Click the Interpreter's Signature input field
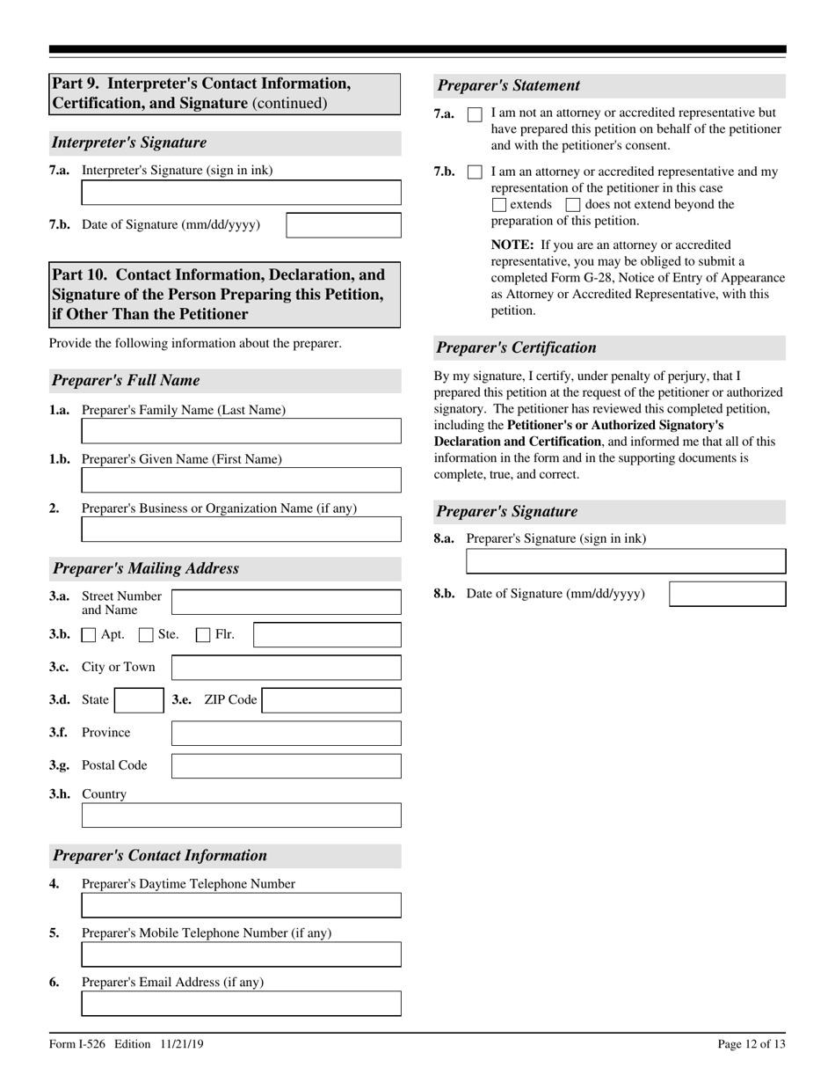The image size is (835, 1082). tap(241, 193)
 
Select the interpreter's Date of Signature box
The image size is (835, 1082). tap(344, 225)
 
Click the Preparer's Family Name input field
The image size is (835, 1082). tap(241, 431)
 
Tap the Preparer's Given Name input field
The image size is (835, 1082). tap(241, 480)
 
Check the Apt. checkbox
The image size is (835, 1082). tap(89, 635)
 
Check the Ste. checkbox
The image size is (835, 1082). tap(147, 635)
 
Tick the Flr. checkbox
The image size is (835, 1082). tap(203, 635)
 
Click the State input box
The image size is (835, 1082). tap(139, 700)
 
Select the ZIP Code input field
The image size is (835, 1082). tap(331, 700)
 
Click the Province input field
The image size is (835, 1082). tap(286, 734)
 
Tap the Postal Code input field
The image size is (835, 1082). tap(286, 766)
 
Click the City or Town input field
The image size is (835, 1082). tap(286, 668)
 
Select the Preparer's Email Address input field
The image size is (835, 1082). tap(241, 1004)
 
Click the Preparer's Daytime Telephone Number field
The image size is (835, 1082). tap(241, 905)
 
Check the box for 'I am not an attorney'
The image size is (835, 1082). tap(475, 114)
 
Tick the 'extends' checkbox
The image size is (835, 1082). tap(499, 205)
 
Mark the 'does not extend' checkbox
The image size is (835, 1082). tap(573, 205)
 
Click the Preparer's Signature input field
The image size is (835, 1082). tap(626, 561)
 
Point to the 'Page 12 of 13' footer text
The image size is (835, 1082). tap(751, 1044)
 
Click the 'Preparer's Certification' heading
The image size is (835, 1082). tap(517, 347)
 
